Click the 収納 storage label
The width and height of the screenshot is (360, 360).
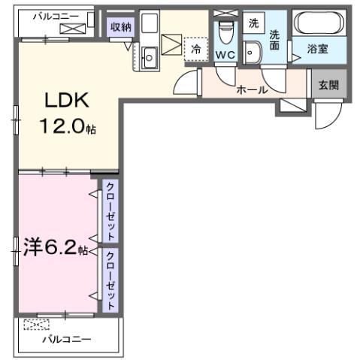click(121, 26)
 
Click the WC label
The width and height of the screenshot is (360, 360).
click(225, 55)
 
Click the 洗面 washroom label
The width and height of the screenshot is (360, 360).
click(275, 40)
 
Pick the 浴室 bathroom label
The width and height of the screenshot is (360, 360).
click(318, 50)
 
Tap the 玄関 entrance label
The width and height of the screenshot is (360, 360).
click(328, 85)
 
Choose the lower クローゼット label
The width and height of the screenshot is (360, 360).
click(110, 280)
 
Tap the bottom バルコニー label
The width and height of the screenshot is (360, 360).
click(66, 340)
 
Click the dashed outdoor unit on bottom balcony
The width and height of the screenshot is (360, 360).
click(35, 324)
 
